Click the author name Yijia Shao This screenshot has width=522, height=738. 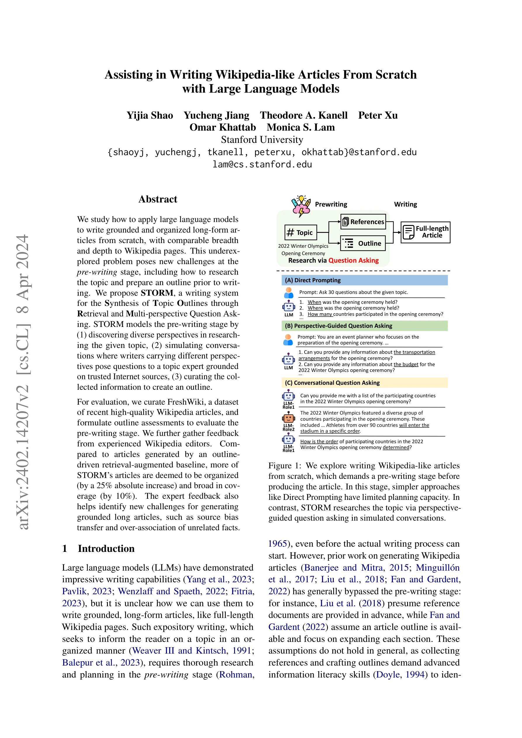[150, 115]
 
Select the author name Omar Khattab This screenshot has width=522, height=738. [222, 127]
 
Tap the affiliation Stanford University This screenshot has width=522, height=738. [262, 139]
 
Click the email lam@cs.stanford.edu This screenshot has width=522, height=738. [262, 164]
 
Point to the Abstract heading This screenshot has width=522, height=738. [158, 199]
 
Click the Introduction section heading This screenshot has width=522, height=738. [106, 548]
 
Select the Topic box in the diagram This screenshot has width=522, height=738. [300, 232]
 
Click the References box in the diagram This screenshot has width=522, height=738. [363, 222]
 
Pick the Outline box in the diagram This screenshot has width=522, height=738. [363, 243]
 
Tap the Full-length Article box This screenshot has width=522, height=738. [425, 232]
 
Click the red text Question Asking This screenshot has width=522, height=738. [353, 260]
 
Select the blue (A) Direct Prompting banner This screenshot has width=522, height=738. [364, 280]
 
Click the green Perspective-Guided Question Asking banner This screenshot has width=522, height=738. [364, 325]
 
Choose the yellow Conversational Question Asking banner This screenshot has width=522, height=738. [364, 382]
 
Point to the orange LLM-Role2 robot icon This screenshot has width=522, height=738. [288, 418]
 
